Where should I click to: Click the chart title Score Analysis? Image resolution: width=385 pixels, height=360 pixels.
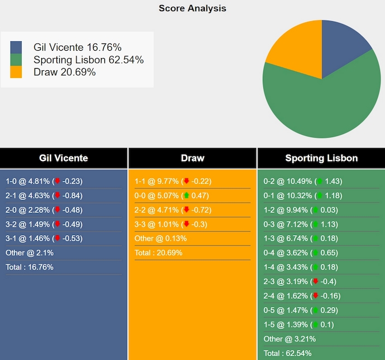(192, 8)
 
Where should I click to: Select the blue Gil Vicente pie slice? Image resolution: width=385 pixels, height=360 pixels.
(343, 47)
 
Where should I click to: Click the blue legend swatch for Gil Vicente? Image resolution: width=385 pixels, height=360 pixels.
(16, 47)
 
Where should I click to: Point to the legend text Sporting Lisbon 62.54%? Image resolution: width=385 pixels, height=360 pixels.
(88, 60)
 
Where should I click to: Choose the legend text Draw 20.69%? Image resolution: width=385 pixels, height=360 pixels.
(65, 72)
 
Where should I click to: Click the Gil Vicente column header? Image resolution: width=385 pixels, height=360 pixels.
(64, 158)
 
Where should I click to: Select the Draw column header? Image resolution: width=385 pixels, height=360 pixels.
(192, 158)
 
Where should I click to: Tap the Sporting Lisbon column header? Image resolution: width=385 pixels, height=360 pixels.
(321, 158)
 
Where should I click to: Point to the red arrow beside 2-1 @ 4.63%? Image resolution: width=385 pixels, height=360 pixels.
(56, 196)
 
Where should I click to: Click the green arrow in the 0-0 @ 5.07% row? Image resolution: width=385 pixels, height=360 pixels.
(186, 196)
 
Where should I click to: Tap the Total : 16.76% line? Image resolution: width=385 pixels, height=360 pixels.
(30, 267)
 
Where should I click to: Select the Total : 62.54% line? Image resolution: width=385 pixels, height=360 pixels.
(288, 353)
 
